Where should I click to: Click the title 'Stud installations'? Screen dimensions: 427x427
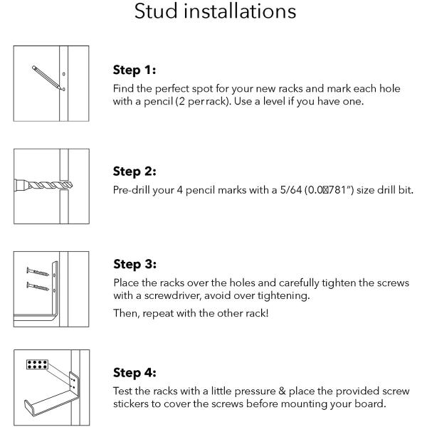[x=213, y=13]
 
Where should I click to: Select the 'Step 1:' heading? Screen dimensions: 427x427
[x=135, y=70]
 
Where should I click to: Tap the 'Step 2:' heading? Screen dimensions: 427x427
[x=135, y=172]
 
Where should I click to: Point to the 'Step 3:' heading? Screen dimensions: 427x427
[x=135, y=265]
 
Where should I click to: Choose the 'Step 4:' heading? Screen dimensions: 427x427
[x=135, y=373]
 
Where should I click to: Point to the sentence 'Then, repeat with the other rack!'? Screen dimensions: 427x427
[x=189, y=314]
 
